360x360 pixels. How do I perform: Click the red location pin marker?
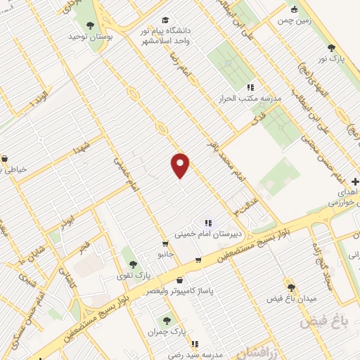click(181, 165)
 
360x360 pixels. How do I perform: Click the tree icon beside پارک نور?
click(331, 48)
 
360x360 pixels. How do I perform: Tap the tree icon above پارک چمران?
click(167, 321)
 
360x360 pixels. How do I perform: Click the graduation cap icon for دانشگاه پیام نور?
click(165, 20)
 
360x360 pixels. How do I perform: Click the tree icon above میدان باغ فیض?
click(291, 288)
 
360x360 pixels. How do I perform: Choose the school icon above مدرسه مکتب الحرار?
click(250, 88)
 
